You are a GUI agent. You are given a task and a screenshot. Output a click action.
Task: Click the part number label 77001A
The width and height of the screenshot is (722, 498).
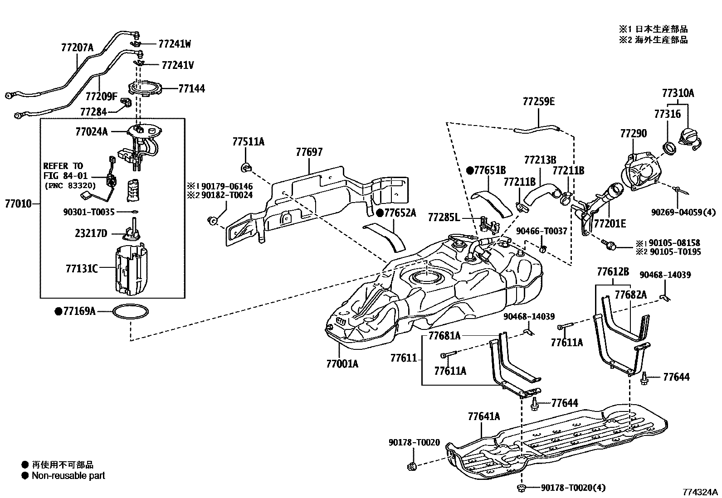(341, 363)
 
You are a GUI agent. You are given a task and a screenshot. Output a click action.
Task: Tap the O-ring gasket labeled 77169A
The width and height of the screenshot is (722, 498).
(130, 312)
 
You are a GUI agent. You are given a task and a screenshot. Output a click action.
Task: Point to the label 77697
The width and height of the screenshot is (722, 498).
(309, 153)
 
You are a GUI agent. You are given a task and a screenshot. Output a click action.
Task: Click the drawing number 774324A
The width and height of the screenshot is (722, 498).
(701, 492)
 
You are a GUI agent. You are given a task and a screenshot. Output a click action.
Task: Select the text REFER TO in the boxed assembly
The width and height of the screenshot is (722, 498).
(63, 166)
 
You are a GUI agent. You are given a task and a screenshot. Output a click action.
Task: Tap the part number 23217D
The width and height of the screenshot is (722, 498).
(91, 234)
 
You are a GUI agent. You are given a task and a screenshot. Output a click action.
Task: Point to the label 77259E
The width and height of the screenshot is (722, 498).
(538, 102)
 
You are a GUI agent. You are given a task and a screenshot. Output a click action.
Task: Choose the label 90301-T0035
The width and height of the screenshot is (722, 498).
(89, 211)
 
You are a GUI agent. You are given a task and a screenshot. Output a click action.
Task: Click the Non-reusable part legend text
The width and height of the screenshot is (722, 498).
(68, 476)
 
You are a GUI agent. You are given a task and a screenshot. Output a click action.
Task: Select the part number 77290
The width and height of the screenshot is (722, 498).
(634, 134)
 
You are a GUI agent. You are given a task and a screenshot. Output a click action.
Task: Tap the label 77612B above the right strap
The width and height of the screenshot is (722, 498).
(613, 272)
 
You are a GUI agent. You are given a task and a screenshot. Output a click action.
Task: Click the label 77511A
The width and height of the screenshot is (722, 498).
(248, 142)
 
